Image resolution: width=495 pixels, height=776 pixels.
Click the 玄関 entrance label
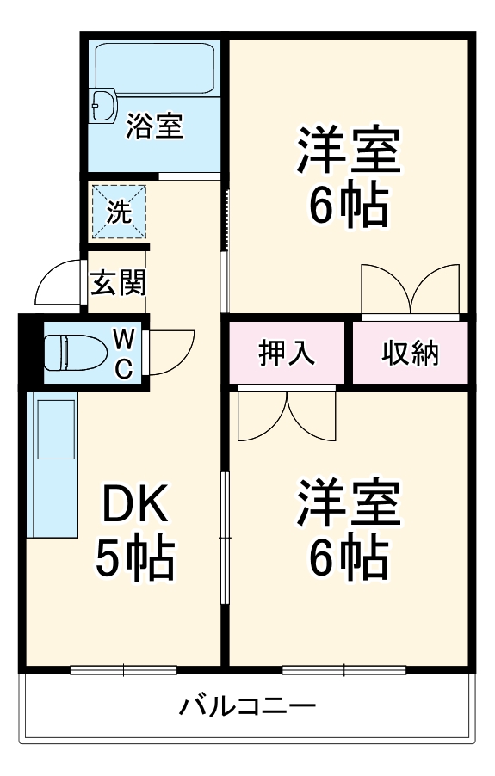pos(119,282)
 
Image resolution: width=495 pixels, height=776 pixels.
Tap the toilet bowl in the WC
pos(69,351)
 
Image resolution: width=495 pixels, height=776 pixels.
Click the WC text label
pos(123,351)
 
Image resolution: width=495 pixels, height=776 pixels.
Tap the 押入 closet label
pos(288,352)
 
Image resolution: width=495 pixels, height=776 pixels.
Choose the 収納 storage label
pos(411,352)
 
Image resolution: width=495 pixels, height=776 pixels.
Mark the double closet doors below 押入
pos(287,413)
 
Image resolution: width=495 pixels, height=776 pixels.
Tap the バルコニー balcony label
pos(247,708)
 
